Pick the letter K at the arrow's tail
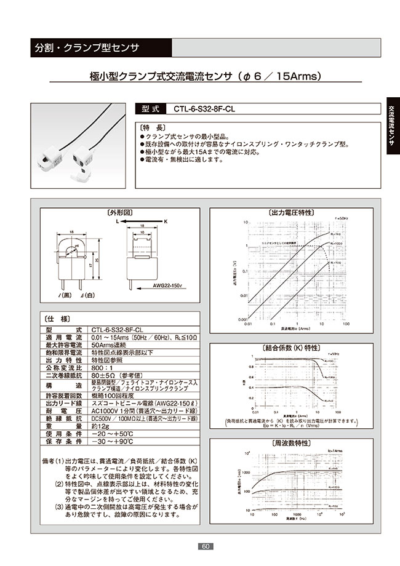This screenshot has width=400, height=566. point(165,220)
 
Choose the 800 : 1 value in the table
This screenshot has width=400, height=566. point(102,366)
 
